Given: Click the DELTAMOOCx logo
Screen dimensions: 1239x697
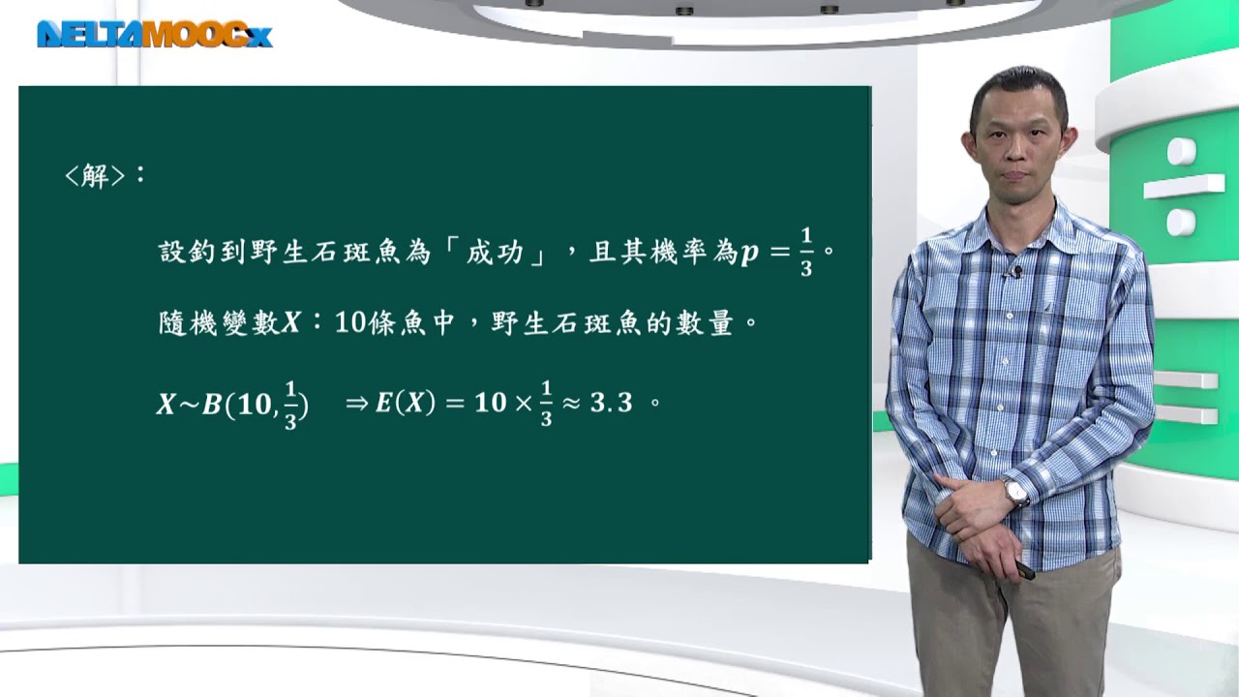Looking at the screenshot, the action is [154, 34].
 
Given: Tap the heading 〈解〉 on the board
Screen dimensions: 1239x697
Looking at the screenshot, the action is [95, 176].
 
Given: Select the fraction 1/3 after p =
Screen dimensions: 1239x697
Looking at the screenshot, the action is [806, 253].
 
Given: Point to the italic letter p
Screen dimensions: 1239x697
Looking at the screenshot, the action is [749, 254].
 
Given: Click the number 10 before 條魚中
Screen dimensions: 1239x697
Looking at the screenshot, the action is [350, 323].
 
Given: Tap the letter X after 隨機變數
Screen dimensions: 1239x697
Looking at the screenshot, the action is [291, 323].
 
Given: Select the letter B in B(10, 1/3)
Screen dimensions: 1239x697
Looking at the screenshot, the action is [212, 405].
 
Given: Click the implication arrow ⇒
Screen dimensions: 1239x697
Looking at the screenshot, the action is [357, 404].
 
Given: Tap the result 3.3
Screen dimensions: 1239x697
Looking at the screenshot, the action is [611, 404].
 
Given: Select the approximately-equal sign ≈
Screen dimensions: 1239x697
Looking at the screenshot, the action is [571, 404].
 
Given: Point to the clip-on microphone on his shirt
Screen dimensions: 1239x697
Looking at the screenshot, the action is [1016, 272].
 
